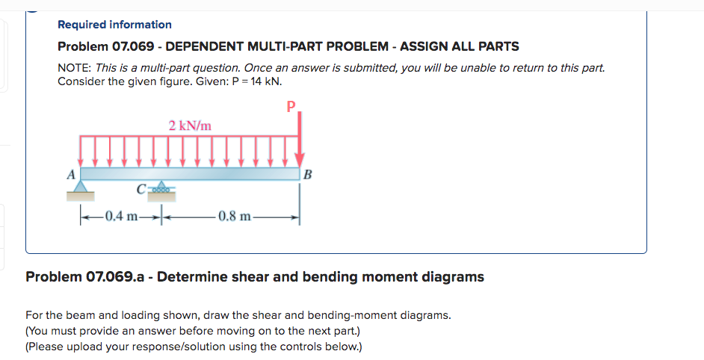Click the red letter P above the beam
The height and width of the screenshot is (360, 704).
(291, 105)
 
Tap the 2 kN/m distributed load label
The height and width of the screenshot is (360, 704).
(190, 125)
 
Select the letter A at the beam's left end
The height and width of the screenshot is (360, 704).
(72, 175)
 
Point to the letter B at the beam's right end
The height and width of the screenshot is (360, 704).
(309, 176)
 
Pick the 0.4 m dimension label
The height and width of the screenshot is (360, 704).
(120, 217)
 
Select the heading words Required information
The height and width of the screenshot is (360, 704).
(114, 25)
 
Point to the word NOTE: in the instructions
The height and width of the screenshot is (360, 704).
(75, 68)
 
